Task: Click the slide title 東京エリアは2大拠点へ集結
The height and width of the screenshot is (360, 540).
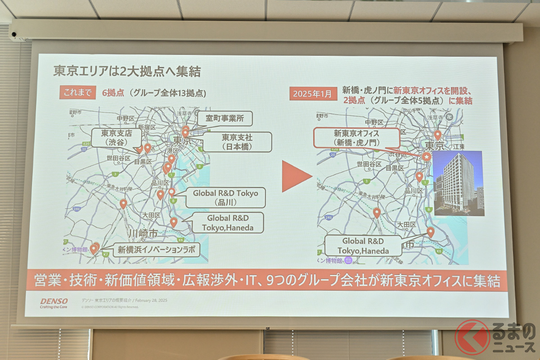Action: click(127, 72)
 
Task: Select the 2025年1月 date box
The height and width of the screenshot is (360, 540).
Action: click(313, 94)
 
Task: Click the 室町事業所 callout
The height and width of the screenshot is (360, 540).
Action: click(225, 119)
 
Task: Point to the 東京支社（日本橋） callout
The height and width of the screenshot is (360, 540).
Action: click(237, 142)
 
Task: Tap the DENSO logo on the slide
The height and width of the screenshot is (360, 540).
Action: click(54, 301)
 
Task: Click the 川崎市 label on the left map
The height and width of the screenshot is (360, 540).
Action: click(142, 234)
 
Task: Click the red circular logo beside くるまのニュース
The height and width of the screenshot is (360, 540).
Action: click(472, 337)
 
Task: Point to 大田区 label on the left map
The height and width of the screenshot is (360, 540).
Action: click(151, 216)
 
